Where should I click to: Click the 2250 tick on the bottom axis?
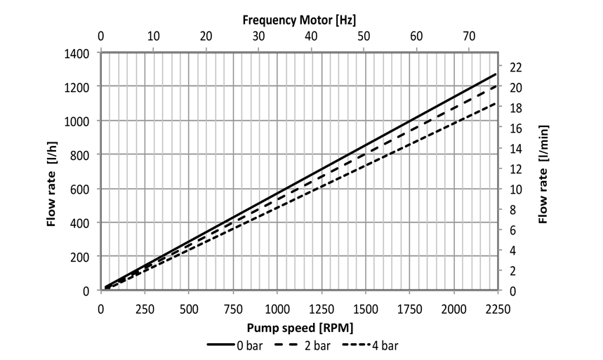tap(497, 309)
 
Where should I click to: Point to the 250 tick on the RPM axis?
tap(145, 309)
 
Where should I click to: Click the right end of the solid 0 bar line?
tap(496, 74)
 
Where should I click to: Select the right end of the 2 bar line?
tap(496, 86)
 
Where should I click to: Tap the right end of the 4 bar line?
tap(496, 103)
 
